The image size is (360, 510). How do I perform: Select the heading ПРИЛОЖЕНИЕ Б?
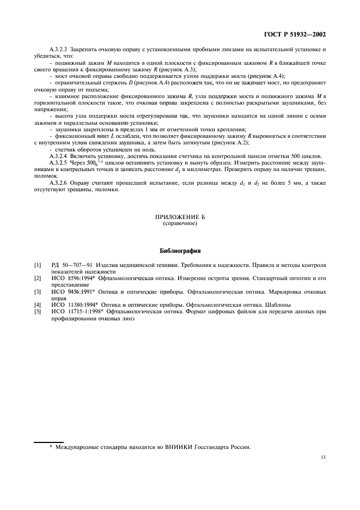click(180, 217)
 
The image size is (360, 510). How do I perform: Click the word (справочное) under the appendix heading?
click(180, 223)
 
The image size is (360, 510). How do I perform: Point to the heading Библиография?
click(180, 252)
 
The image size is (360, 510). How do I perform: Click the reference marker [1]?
click(37, 265)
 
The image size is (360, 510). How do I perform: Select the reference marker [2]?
click(37, 278)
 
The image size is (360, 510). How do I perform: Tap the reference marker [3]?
click(37, 292)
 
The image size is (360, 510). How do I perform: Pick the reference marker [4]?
click(37, 305)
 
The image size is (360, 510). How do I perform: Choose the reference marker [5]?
click(37, 311)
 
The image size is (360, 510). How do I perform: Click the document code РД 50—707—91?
click(73, 265)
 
